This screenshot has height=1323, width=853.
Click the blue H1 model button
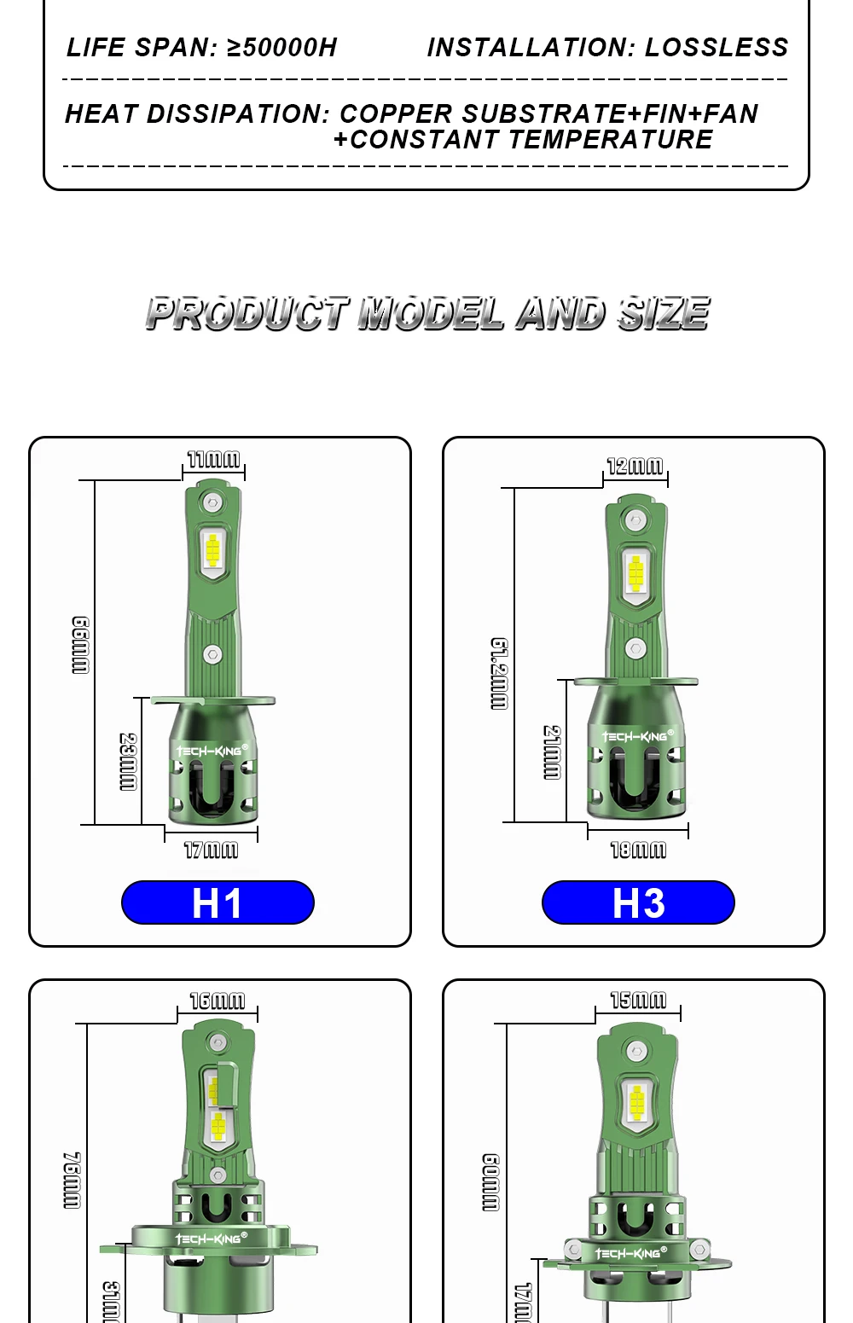tap(218, 902)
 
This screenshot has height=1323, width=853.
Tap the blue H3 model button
tap(638, 902)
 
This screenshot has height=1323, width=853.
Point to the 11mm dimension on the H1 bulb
tap(213, 460)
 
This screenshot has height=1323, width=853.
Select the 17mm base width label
tap(211, 850)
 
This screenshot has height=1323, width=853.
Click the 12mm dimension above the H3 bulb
tap(635, 466)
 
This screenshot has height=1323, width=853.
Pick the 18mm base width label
tap(638, 850)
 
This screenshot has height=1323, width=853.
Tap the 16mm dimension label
tap(217, 1001)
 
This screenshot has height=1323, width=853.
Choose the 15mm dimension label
tap(638, 1000)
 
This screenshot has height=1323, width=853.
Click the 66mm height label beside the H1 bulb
tap(80, 646)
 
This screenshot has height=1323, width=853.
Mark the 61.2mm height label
tap(500, 674)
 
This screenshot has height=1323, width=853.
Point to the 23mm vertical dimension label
tap(128, 762)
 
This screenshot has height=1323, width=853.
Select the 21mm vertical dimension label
tap(553, 752)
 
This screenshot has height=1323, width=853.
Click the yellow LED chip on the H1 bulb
tap(212, 549)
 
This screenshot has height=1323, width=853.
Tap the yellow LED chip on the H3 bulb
tap(635, 573)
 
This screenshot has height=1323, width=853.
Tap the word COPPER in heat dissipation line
tap(396, 114)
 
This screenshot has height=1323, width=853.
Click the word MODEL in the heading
tap(431, 314)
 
